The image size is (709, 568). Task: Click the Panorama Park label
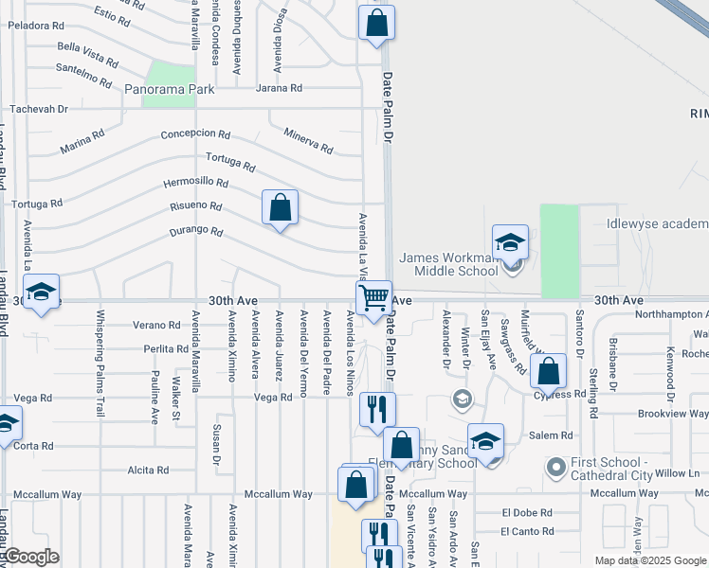click(x=171, y=89)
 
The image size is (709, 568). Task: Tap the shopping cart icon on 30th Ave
click(x=374, y=297)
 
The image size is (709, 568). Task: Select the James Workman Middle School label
click(x=448, y=264)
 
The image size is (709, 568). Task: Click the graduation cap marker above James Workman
click(x=510, y=242)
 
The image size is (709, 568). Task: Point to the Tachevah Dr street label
click(x=39, y=109)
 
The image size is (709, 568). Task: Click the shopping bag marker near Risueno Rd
click(x=281, y=208)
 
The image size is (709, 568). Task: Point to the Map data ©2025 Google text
click(x=650, y=560)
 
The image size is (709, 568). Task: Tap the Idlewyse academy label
click(x=657, y=224)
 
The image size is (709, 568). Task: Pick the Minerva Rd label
click(x=309, y=141)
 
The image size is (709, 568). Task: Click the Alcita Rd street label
click(x=148, y=470)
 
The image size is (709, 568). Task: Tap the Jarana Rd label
click(x=279, y=88)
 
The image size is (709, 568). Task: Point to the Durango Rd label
click(x=196, y=230)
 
